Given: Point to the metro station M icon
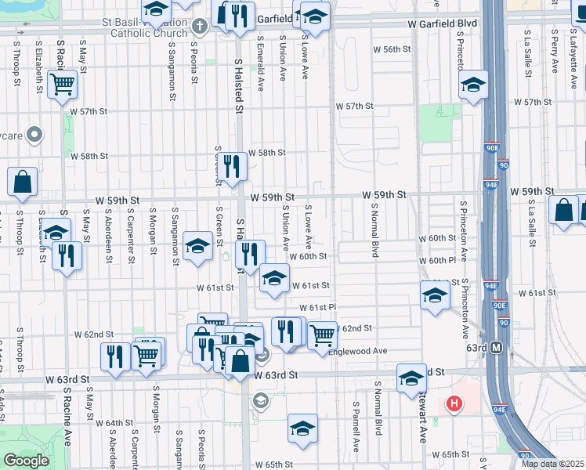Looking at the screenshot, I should point(496,348).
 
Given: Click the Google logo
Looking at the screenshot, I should point(26,461).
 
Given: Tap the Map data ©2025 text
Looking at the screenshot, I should point(552,464).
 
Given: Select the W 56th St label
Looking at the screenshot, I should point(392,49).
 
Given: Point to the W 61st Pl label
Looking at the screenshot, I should point(317,307).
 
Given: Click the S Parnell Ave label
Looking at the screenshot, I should point(355,427).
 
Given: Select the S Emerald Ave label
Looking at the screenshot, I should point(259,56).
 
